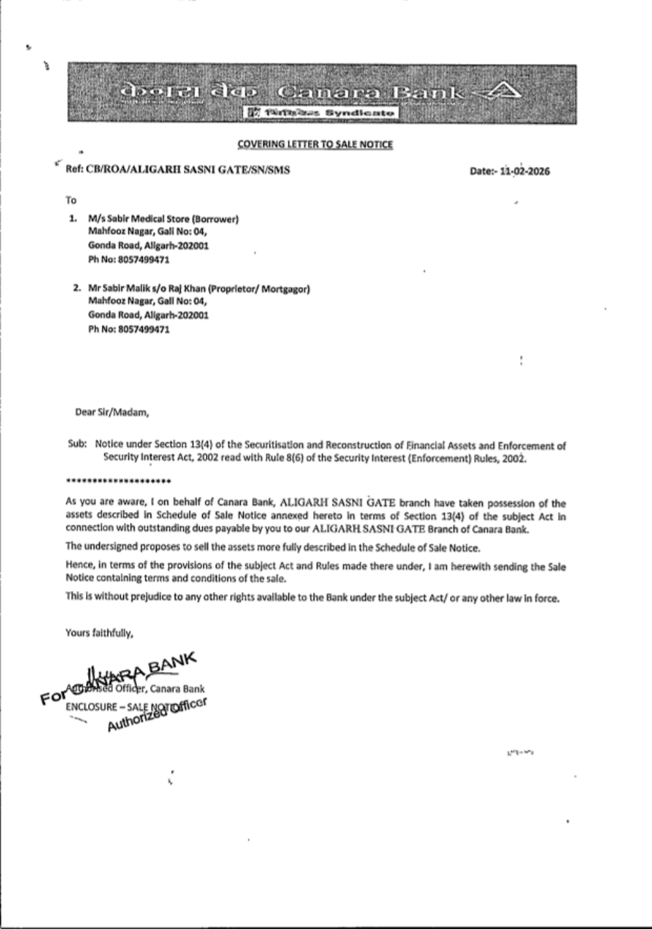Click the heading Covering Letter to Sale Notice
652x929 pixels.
[315, 144]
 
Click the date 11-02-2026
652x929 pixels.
[524, 172]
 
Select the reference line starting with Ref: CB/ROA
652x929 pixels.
[178, 170]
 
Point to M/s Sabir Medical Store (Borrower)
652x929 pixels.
[163, 219]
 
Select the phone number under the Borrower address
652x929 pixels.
[129, 260]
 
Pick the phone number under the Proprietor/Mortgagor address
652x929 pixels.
[129, 329]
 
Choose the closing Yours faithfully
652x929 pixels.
[99, 632]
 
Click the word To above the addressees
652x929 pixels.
[71, 200]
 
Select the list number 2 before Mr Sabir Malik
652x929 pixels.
[76, 288]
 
